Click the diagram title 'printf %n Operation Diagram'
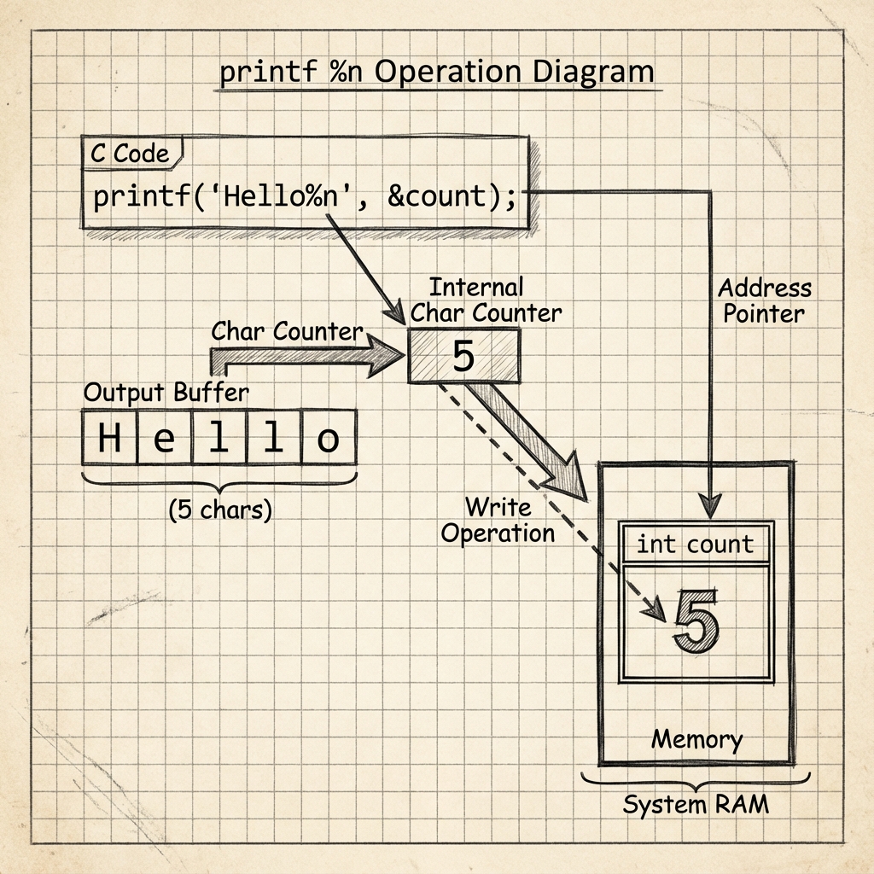[437, 72]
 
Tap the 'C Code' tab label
[130, 154]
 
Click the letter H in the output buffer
[109, 439]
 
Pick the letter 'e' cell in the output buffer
[165, 439]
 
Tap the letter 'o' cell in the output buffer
[328, 439]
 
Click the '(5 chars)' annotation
[219, 510]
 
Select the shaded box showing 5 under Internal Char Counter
[463, 356]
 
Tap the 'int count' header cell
[695, 544]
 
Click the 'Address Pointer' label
[764, 300]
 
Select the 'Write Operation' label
[498, 521]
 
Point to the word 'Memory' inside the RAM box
[696, 738]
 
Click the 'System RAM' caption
[695, 804]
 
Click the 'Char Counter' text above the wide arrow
[288, 331]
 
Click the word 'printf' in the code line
[131, 196]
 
